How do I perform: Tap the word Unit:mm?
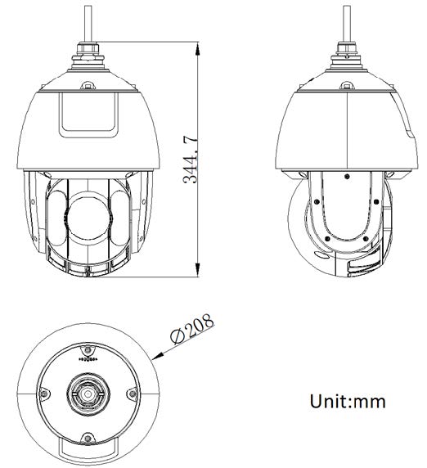pyautogui.click(x=347, y=402)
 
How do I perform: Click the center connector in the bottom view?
pyautogui.click(x=86, y=392)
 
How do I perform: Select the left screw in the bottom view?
pyautogui.click(x=41, y=394)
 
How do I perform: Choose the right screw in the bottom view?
pyautogui.click(x=132, y=394)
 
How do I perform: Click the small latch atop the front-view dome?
pyautogui.click(x=88, y=83)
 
